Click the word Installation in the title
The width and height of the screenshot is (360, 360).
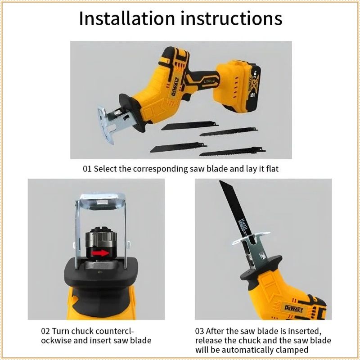(x=127, y=18)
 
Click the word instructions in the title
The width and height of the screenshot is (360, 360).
(x=231, y=18)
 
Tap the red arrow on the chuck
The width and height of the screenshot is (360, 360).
(x=100, y=253)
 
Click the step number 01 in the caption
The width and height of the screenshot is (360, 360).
(x=87, y=169)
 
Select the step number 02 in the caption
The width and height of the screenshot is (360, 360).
(x=45, y=331)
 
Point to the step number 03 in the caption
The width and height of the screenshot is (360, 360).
(x=199, y=331)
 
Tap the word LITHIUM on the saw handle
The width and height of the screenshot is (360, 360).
(x=209, y=81)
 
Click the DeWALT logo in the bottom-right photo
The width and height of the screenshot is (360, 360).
(x=294, y=309)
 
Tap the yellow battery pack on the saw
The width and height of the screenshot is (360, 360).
(x=238, y=85)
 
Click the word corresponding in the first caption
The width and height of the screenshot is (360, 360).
(x=160, y=169)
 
